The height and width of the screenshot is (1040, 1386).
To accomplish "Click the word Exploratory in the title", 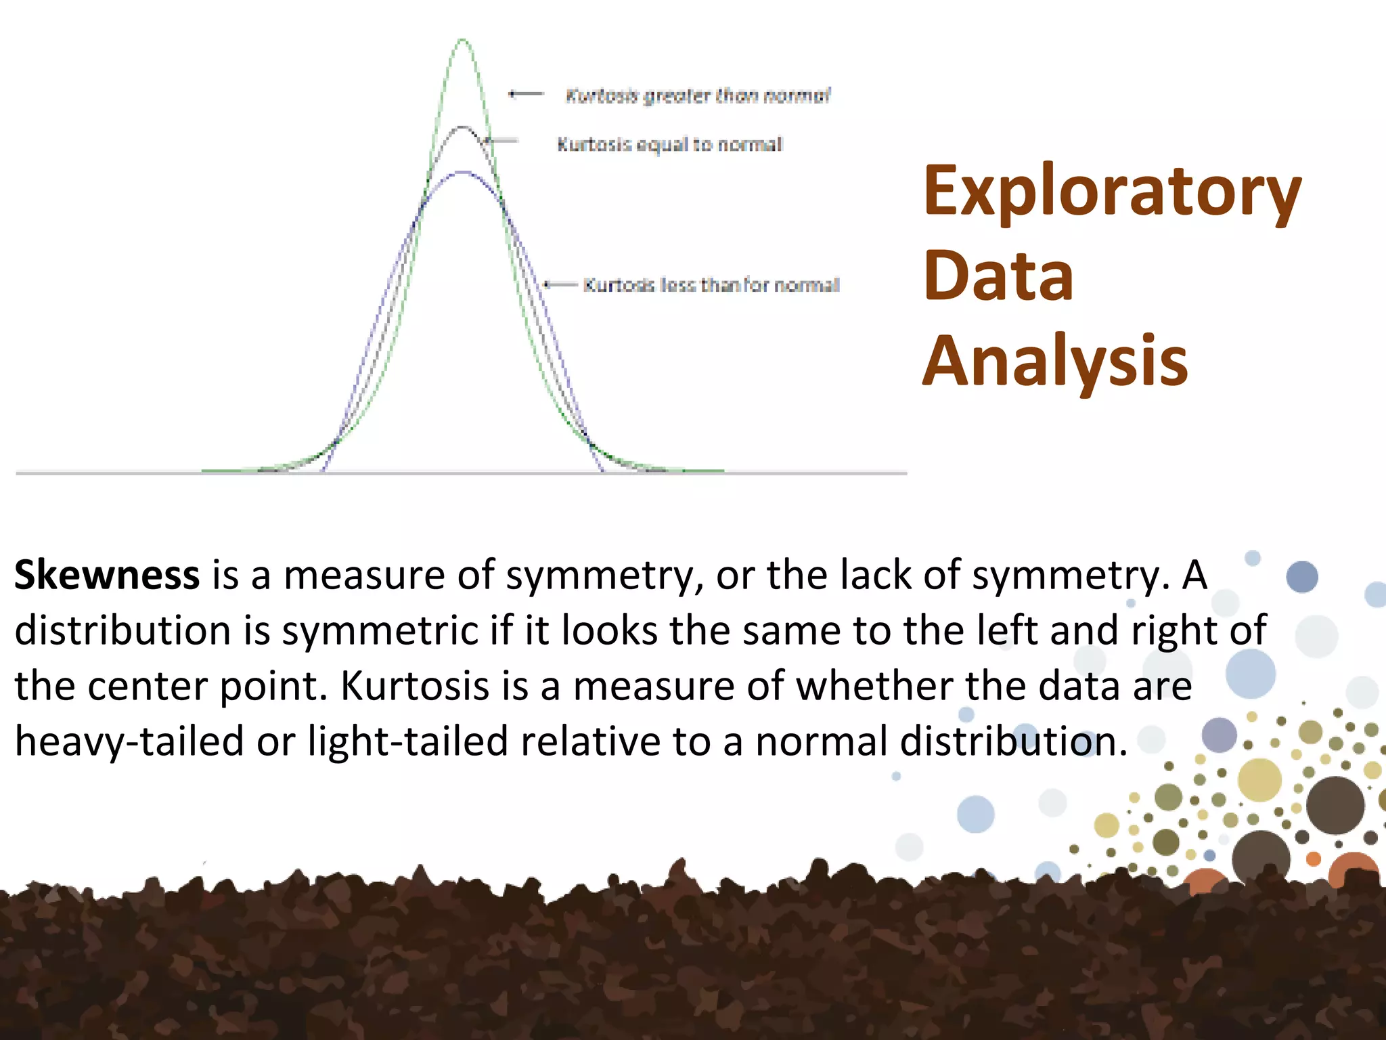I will [x=1111, y=192].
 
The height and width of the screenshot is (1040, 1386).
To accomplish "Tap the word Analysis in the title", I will [x=1055, y=362].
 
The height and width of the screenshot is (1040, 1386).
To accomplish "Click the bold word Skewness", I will [x=107, y=575].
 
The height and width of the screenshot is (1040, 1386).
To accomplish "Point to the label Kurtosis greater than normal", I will [x=697, y=95].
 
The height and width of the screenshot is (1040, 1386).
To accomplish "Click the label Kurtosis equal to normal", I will [x=669, y=144].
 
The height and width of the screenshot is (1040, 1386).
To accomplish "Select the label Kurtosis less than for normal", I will [x=711, y=285].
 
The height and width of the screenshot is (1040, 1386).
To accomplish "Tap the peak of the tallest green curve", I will [x=463, y=41].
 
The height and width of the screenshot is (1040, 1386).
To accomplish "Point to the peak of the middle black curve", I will [x=462, y=127].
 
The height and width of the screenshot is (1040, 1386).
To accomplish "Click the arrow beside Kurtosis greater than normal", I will [x=527, y=93].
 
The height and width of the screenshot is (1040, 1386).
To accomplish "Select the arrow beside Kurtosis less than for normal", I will [x=560, y=284].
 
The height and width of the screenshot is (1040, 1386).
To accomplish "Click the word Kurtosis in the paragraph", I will [x=414, y=686].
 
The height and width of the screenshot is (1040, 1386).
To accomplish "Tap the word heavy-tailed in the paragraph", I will [x=129, y=741].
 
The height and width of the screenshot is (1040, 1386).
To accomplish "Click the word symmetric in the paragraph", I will [x=380, y=631].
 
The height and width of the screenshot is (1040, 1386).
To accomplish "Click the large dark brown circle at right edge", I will [x=1335, y=805].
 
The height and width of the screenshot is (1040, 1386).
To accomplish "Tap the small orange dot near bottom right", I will [x=1313, y=859].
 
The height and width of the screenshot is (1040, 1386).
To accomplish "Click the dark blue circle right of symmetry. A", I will [x=1301, y=577].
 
